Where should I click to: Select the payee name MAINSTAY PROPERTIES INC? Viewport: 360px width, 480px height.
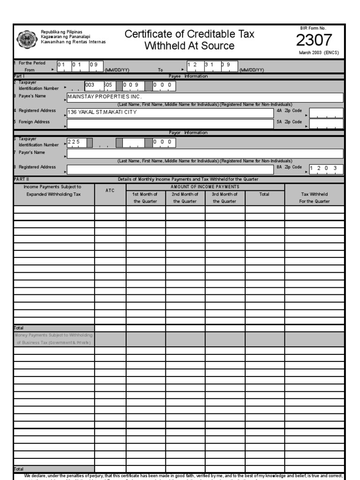coord(105,97)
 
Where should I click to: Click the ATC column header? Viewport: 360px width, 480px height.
coord(110,191)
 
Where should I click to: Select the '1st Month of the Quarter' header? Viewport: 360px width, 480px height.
coord(145,197)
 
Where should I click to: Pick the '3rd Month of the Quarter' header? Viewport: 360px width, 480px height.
coord(225,197)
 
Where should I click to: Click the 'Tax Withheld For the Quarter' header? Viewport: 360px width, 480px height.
coord(315,197)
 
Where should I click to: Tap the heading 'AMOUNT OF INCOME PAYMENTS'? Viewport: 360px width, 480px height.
coord(205,187)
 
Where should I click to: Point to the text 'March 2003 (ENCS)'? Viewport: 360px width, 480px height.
coord(319,52)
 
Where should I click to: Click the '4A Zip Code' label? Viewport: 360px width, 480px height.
coord(289,111)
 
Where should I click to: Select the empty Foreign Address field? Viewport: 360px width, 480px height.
coord(171,123)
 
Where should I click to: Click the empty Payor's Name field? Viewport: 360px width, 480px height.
coord(205,153)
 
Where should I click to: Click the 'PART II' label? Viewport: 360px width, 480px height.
coord(22,179)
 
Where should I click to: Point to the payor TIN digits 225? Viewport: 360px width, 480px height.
coord(74,142)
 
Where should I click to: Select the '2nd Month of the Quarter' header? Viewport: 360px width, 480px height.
coord(185,197)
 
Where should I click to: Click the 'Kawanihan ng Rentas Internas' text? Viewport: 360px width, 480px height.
coord(74,42)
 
